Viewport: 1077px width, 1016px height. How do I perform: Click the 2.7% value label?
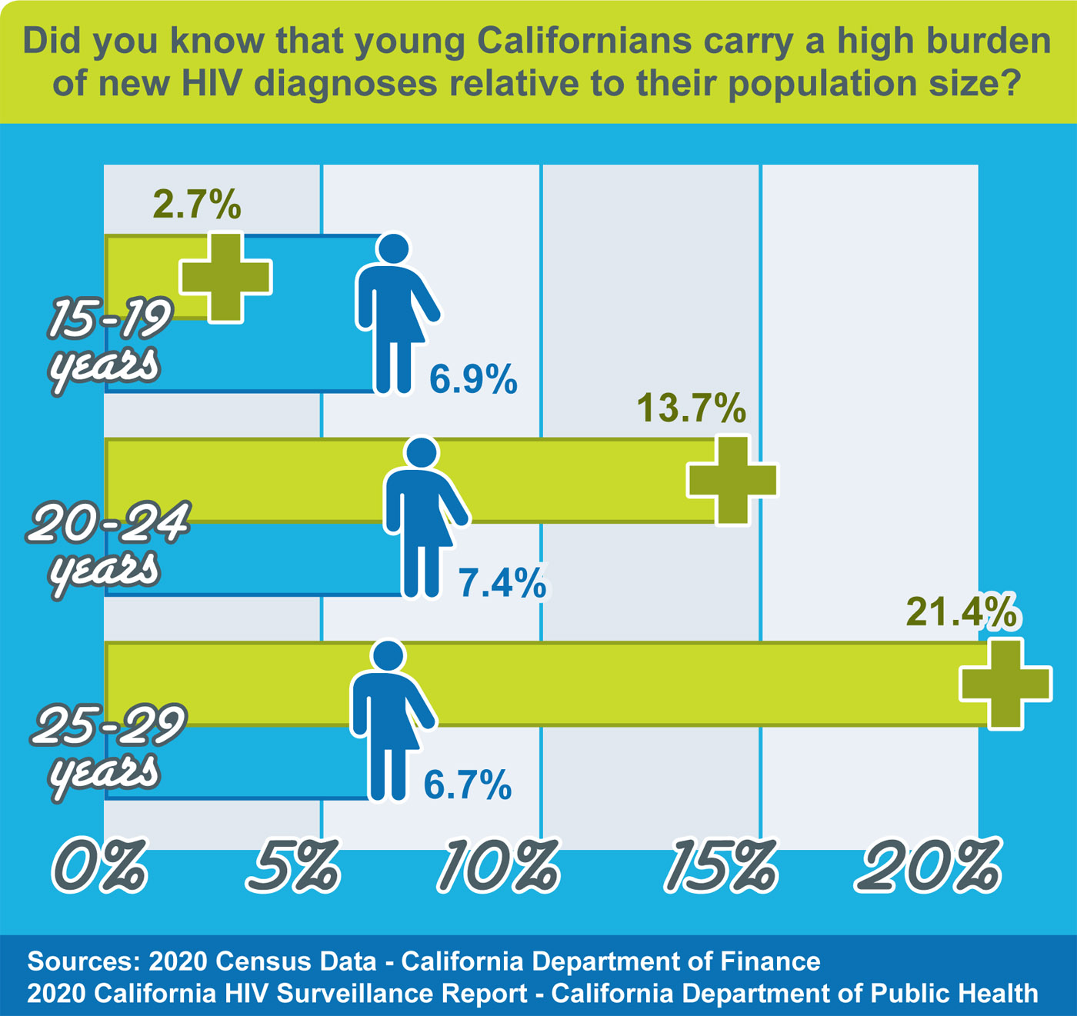pos(197,205)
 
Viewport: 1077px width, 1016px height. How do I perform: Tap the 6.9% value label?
pos(473,379)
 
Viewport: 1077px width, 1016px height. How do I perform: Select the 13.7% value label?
pos(691,408)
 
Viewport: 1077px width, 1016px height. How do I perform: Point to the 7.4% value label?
pos(502,583)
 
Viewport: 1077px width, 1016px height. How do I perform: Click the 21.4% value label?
pos(961,612)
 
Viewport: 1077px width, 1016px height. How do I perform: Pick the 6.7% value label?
pos(468,785)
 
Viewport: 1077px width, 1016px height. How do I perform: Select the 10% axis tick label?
pos(499,866)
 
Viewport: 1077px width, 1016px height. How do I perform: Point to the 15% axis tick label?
pos(721,866)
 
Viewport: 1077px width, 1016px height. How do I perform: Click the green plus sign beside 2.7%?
pos(225,277)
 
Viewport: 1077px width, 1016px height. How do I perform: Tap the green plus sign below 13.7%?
pos(732,480)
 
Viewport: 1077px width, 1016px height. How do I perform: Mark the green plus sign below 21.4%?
pos(1005,684)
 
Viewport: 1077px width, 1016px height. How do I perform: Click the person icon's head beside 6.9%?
pos(393,250)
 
